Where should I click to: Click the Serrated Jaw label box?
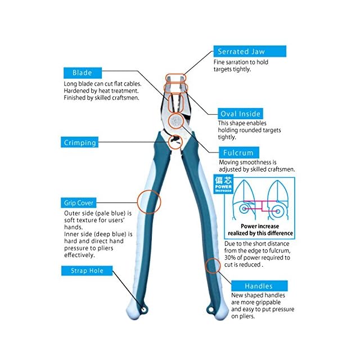tap(250, 51)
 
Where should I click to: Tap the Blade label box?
tap(83, 73)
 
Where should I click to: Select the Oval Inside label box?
tap(240, 114)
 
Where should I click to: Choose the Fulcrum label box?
tap(238, 152)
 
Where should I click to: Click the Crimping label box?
tap(79, 142)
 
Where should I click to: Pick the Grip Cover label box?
tap(79, 202)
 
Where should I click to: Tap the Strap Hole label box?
tap(87, 271)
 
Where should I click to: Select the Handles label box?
tap(259, 286)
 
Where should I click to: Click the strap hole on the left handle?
tap(144, 310)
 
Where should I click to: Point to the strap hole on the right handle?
tap(211, 310)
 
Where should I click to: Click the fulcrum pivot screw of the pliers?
tap(176, 121)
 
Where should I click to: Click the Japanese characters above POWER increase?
tap(223, 180)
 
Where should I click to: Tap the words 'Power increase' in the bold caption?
tap(260, 226)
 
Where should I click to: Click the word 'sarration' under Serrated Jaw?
tap(241, 62)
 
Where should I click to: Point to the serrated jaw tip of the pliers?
tap(175, 78)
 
